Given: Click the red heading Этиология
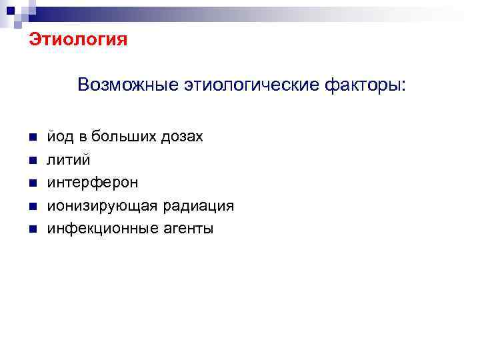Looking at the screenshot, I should point(77,40).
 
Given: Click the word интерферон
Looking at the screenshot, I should point(93,183).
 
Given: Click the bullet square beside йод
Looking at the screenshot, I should point(32,137).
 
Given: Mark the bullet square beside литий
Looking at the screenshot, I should point(32,161).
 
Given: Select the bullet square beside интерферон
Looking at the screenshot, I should point(32,183).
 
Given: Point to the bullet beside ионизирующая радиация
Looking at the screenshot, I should point(32,207).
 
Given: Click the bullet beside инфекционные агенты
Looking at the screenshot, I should point(32,229).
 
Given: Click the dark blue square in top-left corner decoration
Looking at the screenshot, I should point(10,9).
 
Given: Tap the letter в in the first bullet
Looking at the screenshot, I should point(83,137).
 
